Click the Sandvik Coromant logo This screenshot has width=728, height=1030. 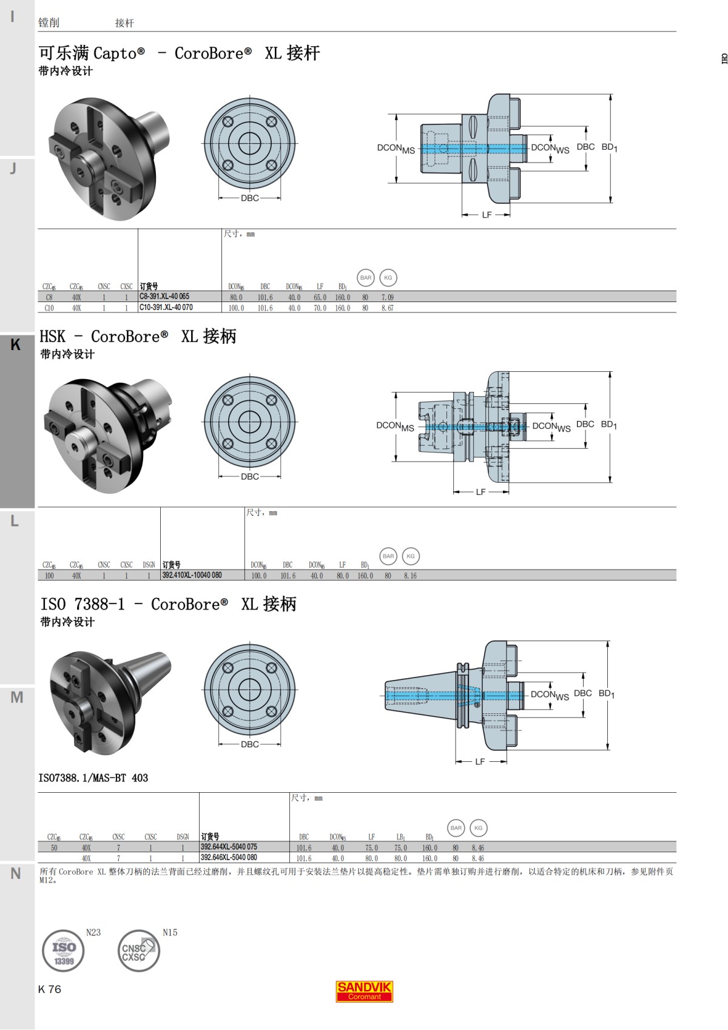(x=364, y=991)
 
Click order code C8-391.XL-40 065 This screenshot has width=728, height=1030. (x=164, y=297)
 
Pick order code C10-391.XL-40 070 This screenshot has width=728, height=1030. (x=166, y=308)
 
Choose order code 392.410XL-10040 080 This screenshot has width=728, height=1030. (x=192, y=575)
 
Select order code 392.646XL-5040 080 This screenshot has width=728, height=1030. (x=229, y=858)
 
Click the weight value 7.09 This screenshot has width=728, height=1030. (x=387, y=297)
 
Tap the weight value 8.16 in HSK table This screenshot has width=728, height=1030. (x=410, y=576)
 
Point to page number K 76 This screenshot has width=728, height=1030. (x=50, y=989)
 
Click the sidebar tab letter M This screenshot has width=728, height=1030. (x=16, y=698)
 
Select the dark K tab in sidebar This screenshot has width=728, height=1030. (x=16, y=345)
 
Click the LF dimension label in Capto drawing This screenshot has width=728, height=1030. (x=487, y=215)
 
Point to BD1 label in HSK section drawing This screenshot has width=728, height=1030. (x=608, y=425)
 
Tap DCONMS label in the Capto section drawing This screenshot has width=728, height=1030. (x=396, y=149)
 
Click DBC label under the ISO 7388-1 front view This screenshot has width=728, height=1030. (x=249, y=744)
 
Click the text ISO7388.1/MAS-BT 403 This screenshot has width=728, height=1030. (x=93, y=778)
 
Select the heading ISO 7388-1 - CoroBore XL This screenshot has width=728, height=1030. (x=168, y=604)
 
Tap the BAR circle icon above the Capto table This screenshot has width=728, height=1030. (x=365, y=278)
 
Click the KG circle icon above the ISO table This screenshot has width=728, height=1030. (x=478, y=828)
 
